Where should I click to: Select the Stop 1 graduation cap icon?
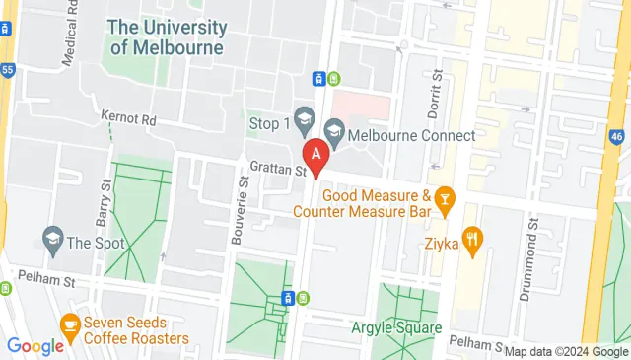(x=303, y=122)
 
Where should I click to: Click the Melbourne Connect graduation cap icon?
(x=333, y=130)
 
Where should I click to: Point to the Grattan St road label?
(x=278, y=170)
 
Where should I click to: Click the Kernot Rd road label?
(x=128, y=117)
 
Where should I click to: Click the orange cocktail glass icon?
(x=445, y=202)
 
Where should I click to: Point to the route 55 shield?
(x=7, y=70)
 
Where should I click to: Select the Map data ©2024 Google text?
(x=566, y=351)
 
